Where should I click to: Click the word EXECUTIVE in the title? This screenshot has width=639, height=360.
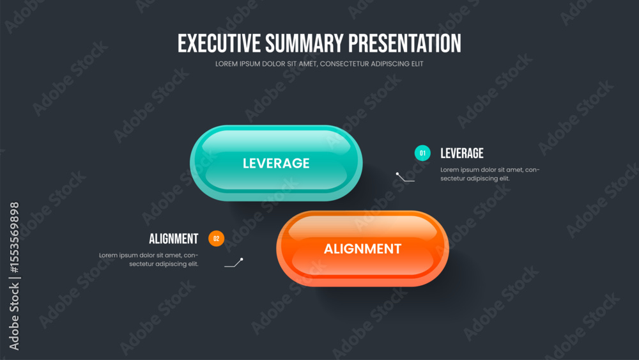[219, 43]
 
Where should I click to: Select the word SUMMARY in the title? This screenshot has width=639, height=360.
[304, 43]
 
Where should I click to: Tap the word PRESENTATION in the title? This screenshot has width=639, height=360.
[404, 43]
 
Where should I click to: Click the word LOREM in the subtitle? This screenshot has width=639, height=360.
[226, 64]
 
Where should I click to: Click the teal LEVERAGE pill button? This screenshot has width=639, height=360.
[276, 163]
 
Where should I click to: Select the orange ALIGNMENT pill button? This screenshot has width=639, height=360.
[363, 249]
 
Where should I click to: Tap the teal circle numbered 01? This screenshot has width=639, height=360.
[422, 153]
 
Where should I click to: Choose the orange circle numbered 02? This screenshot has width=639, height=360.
[217, 239]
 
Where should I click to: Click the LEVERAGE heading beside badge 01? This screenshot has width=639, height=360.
[462, 153]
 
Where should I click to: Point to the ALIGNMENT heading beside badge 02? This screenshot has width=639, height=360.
[174, 239]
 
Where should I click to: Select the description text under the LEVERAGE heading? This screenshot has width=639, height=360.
[490, 174]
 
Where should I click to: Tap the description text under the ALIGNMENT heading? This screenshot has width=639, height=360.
[149, 260]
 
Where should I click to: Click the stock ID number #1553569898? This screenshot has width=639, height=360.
[14, 237]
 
